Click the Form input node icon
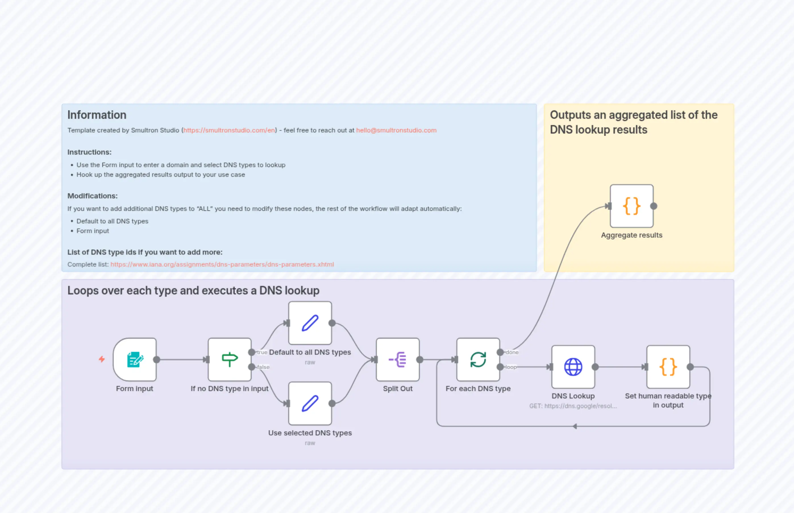coord(134,360)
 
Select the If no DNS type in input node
coord(229,360)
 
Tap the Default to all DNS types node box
coord(310,323)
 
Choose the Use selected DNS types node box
coord(310,403)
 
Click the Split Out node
coord(398,360)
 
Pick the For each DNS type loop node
coord(478,360)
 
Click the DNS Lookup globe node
coord(573,367)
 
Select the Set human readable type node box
coord(668,367)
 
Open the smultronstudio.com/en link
coord(229,130)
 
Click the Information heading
coord(97,115)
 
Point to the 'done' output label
coord(512,352)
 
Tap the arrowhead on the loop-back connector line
coord(575,426)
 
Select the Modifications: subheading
coord(92,196)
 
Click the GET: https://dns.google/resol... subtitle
coord(573,406)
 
